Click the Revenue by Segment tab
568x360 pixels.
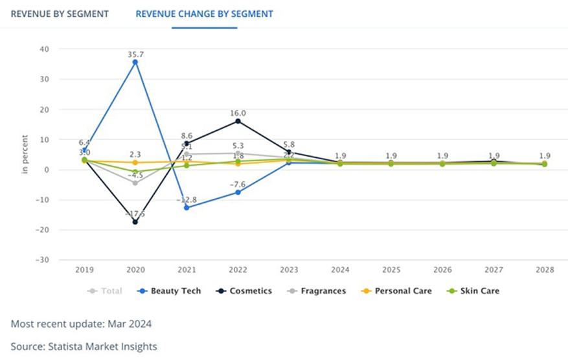click(60, 14)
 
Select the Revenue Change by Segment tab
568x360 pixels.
click(204, 14)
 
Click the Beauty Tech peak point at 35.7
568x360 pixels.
click(135, 62)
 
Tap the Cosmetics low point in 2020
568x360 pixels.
click(135, 222)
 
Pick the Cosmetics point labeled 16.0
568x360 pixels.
click(238, 121)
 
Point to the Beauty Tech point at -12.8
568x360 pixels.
click(187, 208)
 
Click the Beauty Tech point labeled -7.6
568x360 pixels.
click(238, 192)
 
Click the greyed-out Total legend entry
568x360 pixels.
click(104, 291)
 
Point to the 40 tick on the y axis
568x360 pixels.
click(45, 49)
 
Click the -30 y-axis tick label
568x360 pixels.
click(43, 260)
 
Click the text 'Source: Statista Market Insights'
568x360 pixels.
click(84, 346)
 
